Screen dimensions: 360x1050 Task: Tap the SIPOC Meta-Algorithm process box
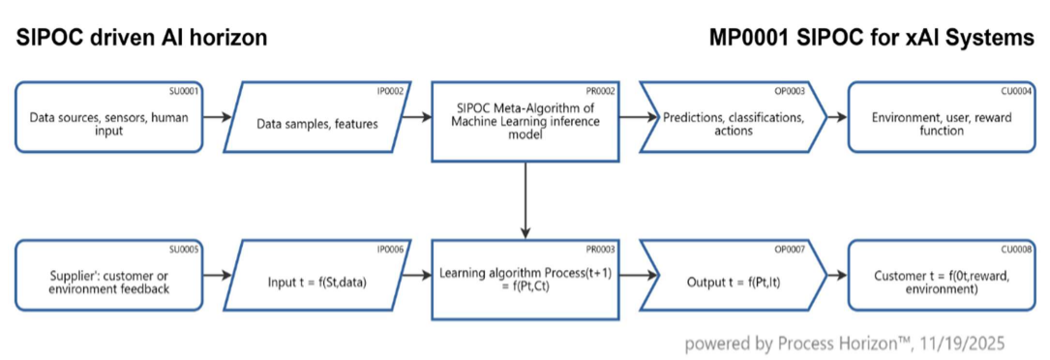coord(524,122)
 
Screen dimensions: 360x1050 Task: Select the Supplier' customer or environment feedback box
coord(108,282)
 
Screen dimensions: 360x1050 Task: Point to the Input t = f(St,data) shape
coord(316,282)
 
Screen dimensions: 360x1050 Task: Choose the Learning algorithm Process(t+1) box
coord(524,282)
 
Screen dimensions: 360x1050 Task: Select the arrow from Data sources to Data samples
coord(218,118)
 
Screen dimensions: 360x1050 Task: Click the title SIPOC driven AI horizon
coord(140,39)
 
